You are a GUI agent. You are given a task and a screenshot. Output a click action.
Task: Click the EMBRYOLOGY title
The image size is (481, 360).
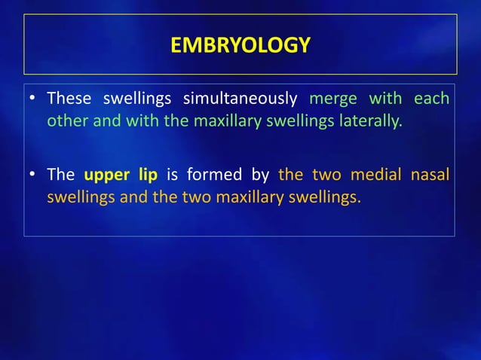(x=240, y=46)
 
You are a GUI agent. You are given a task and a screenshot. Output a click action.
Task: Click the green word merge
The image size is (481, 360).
(x=333, y=99)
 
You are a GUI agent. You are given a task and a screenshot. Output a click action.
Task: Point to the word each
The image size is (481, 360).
(x=433, y=99)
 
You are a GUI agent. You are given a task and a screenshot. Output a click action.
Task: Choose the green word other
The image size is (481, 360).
(x=66, y=121)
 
